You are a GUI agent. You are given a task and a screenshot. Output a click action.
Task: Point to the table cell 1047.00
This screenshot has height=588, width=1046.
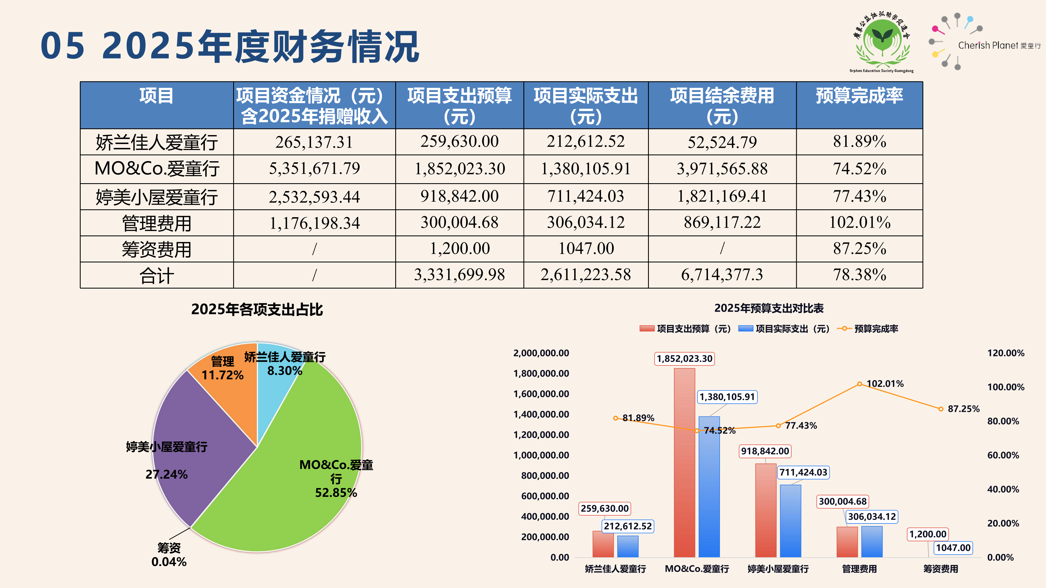point(586,248)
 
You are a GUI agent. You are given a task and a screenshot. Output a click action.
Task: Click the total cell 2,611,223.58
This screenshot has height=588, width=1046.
point(586,275)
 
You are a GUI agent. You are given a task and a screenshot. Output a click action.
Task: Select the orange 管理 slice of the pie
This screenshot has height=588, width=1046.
point(227,390)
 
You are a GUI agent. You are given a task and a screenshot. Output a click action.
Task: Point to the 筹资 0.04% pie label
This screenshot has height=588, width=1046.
point(169,555)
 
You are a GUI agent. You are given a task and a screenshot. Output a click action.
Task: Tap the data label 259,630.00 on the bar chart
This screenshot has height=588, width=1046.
point(605,509)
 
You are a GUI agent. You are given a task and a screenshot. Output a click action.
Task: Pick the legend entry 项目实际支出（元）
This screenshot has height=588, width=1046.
point(784,329)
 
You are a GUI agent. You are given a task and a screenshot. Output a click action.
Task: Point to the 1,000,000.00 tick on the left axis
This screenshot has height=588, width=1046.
point(541,455)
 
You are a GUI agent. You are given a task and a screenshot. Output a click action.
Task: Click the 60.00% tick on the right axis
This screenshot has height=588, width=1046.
point(1003,455)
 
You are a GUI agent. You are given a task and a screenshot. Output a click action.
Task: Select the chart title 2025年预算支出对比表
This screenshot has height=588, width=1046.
point(769,308)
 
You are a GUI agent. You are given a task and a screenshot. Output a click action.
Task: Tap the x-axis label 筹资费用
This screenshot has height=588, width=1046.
point(940,569)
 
